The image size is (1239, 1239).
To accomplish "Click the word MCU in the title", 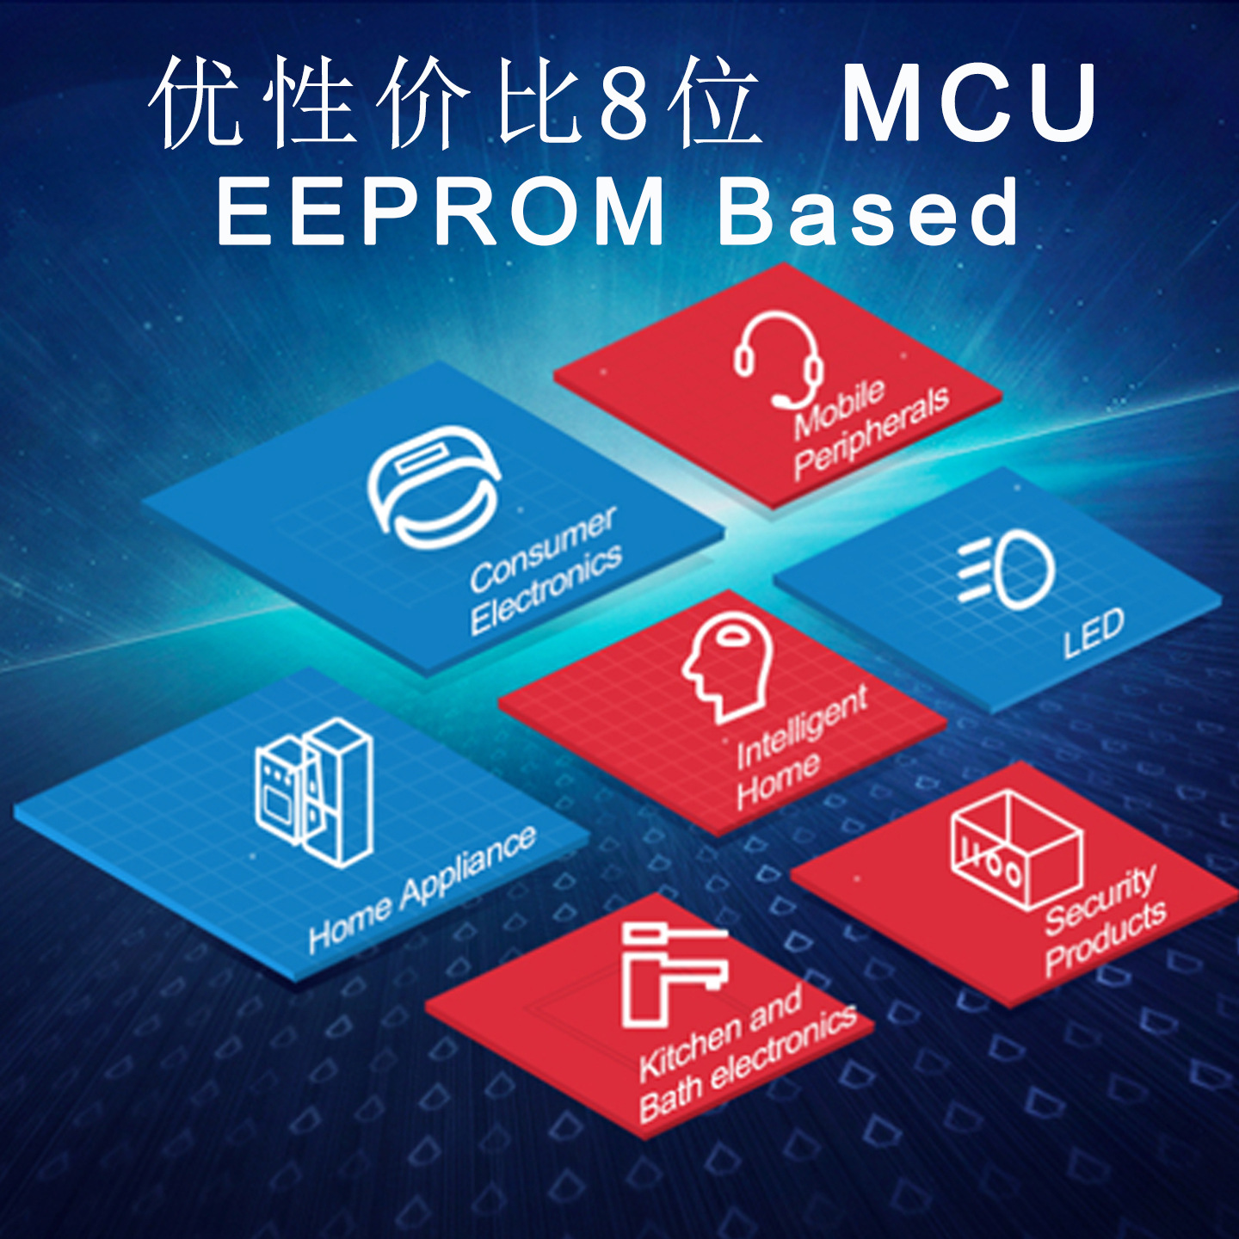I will (970, 103).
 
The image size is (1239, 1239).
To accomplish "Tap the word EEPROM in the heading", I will (441, 212).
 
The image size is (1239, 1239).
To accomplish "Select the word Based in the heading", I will (869, 212).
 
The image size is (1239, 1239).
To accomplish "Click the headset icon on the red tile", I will (778, 358).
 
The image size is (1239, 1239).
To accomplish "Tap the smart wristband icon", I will (433, 487).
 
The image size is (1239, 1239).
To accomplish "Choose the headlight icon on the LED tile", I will (1007, 570).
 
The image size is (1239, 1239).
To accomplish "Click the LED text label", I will (1093, 633).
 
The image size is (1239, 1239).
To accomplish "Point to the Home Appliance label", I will (422, 890).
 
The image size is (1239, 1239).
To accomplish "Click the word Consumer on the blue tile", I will (542, 549).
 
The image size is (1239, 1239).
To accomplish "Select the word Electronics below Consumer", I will (546, 590).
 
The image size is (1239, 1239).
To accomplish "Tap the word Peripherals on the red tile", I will (871, 432).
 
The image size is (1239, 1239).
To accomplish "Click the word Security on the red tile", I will (1100, 900).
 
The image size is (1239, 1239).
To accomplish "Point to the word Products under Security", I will (1106, 940).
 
